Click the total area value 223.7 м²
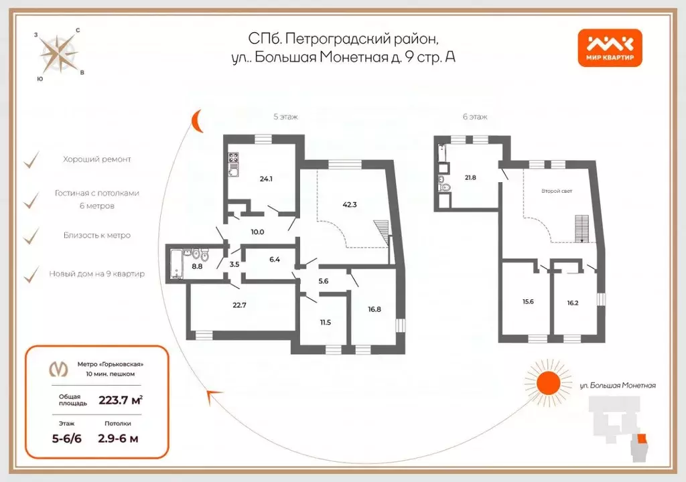click(x=120, y=400)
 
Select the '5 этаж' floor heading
click(x=285, y=116)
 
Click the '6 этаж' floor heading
click(x=475, y=116)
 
